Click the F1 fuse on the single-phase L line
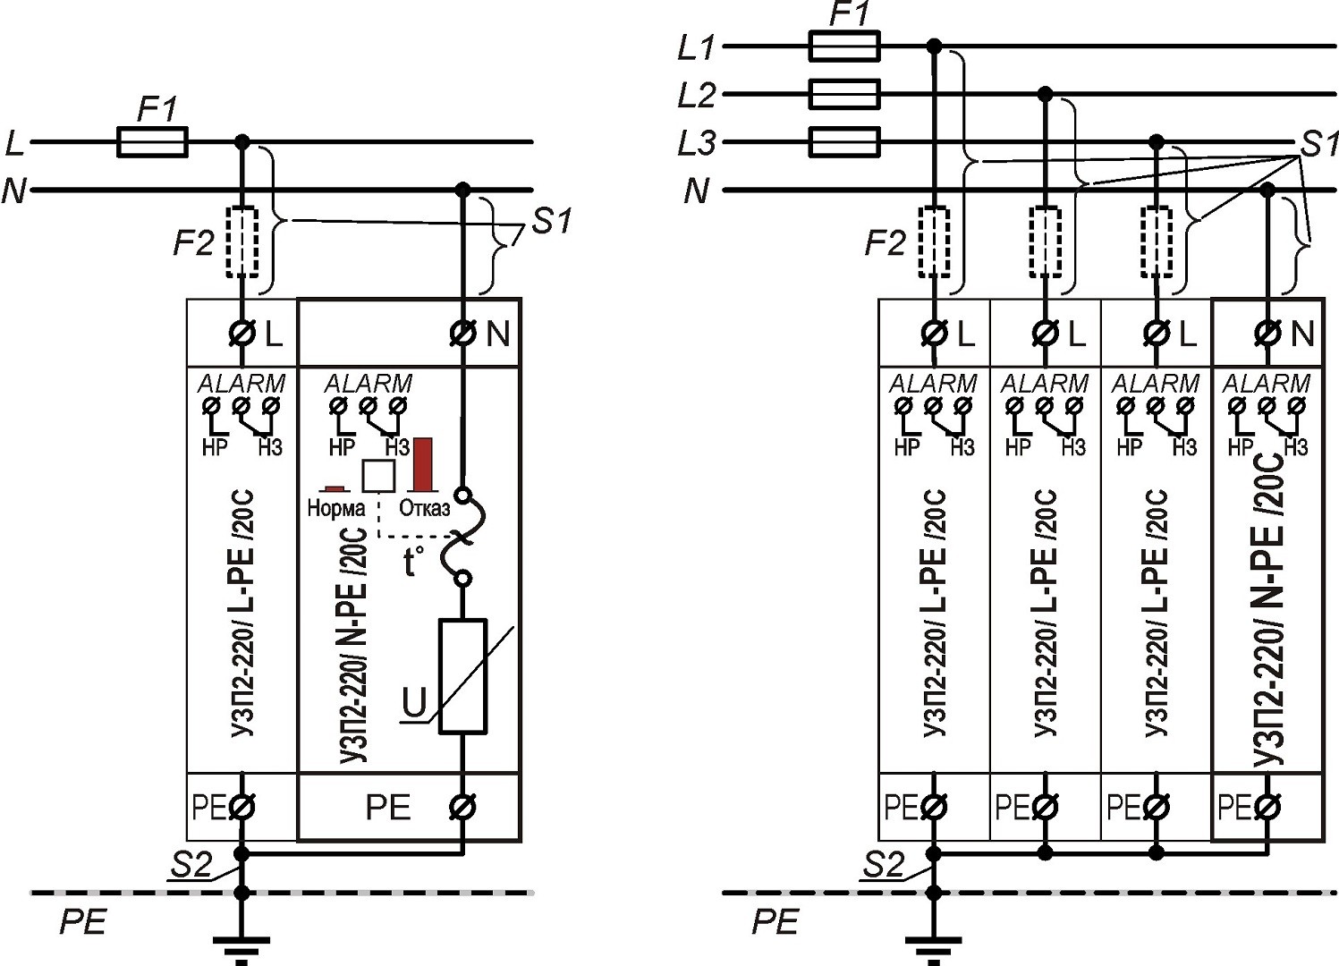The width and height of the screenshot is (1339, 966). coord(152,141)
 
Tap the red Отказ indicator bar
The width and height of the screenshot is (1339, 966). coord(422,464)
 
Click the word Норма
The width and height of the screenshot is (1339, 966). coord(335,509)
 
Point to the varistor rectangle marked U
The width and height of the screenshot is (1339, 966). coord(462,676)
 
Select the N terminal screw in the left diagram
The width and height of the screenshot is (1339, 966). coord(462,334)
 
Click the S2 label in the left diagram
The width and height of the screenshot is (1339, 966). coord(191,865)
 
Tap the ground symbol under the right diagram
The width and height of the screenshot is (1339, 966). coord(933,944)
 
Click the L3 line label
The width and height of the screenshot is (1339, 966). coord(697,143)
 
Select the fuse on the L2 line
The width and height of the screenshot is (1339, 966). coord(843,93)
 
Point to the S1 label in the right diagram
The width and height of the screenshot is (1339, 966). coord(1318,143)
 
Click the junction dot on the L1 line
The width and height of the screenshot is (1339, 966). coord(934,46)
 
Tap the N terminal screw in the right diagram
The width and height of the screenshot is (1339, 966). coord(1267,334)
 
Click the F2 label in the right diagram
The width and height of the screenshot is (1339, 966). coord(885,242)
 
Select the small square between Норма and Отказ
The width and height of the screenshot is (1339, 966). coord(377,476)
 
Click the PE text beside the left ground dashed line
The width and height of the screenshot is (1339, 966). coord(82,921)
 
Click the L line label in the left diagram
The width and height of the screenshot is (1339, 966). coord(14,142)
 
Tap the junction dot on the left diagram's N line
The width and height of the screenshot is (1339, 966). coord(462,190)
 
